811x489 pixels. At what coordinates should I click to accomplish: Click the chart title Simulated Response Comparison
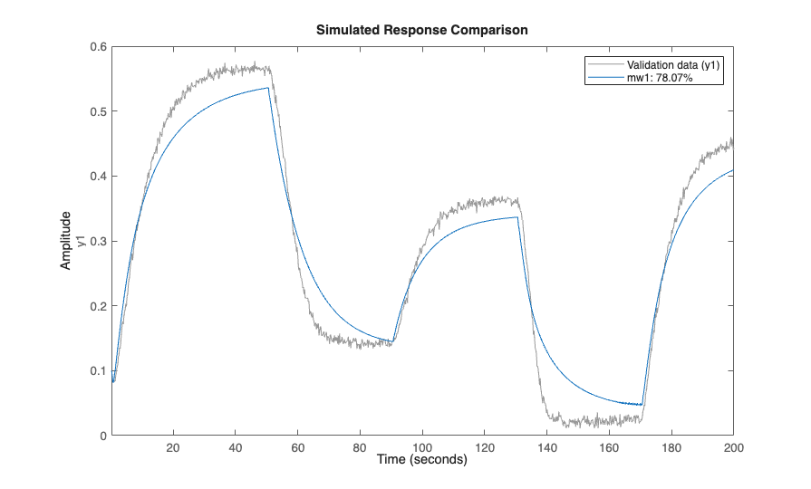[422, 30]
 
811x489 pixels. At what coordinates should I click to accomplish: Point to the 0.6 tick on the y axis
[99, 47]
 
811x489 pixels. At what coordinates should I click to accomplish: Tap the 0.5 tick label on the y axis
[99, 112]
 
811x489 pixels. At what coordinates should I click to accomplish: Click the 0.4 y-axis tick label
[99, 177]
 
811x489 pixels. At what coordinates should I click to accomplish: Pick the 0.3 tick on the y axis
[99, 242]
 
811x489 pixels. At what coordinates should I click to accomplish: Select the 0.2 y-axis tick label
[99, 306]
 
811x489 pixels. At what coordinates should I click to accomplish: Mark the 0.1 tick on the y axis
[99, 371]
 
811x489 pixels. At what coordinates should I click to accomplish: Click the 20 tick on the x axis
[174, 447]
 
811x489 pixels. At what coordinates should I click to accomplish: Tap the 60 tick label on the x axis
[298, 447]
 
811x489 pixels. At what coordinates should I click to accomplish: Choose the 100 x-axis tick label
[422, 447]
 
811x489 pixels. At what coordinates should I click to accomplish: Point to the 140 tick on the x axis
[547, 447]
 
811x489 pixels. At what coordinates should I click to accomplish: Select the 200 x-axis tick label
[733, 447]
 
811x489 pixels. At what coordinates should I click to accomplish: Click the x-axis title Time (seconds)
[422, 460]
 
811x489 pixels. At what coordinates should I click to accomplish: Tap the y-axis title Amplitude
[66, 241]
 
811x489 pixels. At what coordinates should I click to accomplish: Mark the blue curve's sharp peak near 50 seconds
[268, 88]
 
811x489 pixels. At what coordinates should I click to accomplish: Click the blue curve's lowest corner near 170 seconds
[642, 405]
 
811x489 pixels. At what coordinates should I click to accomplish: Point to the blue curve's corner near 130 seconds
[517, 217]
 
